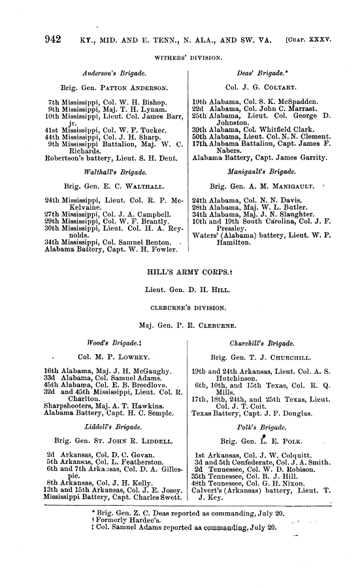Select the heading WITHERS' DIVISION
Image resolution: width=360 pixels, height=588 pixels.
(180, 56)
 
